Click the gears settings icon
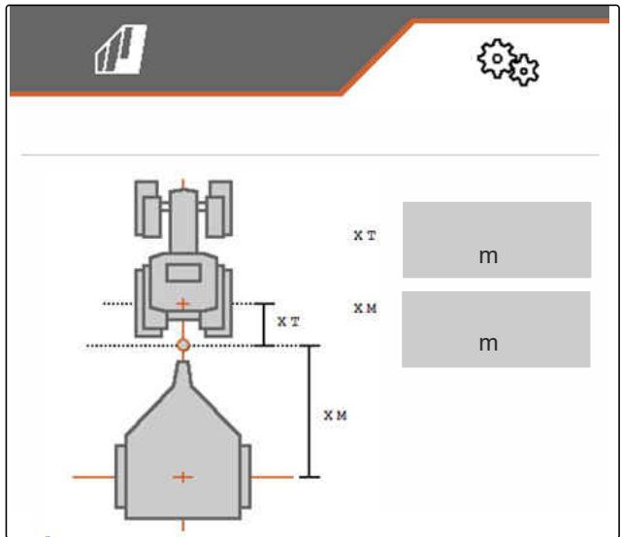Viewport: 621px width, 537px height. tap(507, 62)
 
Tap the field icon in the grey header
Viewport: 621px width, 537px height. tap(120, 50)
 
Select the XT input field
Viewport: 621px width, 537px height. tap(497, 240)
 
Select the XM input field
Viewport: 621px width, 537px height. tap(496, 329)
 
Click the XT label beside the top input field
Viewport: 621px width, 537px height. tap(365, 235)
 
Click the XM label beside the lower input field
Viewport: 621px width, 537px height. tap(365, 308)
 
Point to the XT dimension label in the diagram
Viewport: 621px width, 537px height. tap(288, 321)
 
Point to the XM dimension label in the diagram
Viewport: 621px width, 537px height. tap(335, 416)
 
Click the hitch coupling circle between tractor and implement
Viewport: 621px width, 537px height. tap(182, 345)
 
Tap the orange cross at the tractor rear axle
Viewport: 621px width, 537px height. tap(182, 304)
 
